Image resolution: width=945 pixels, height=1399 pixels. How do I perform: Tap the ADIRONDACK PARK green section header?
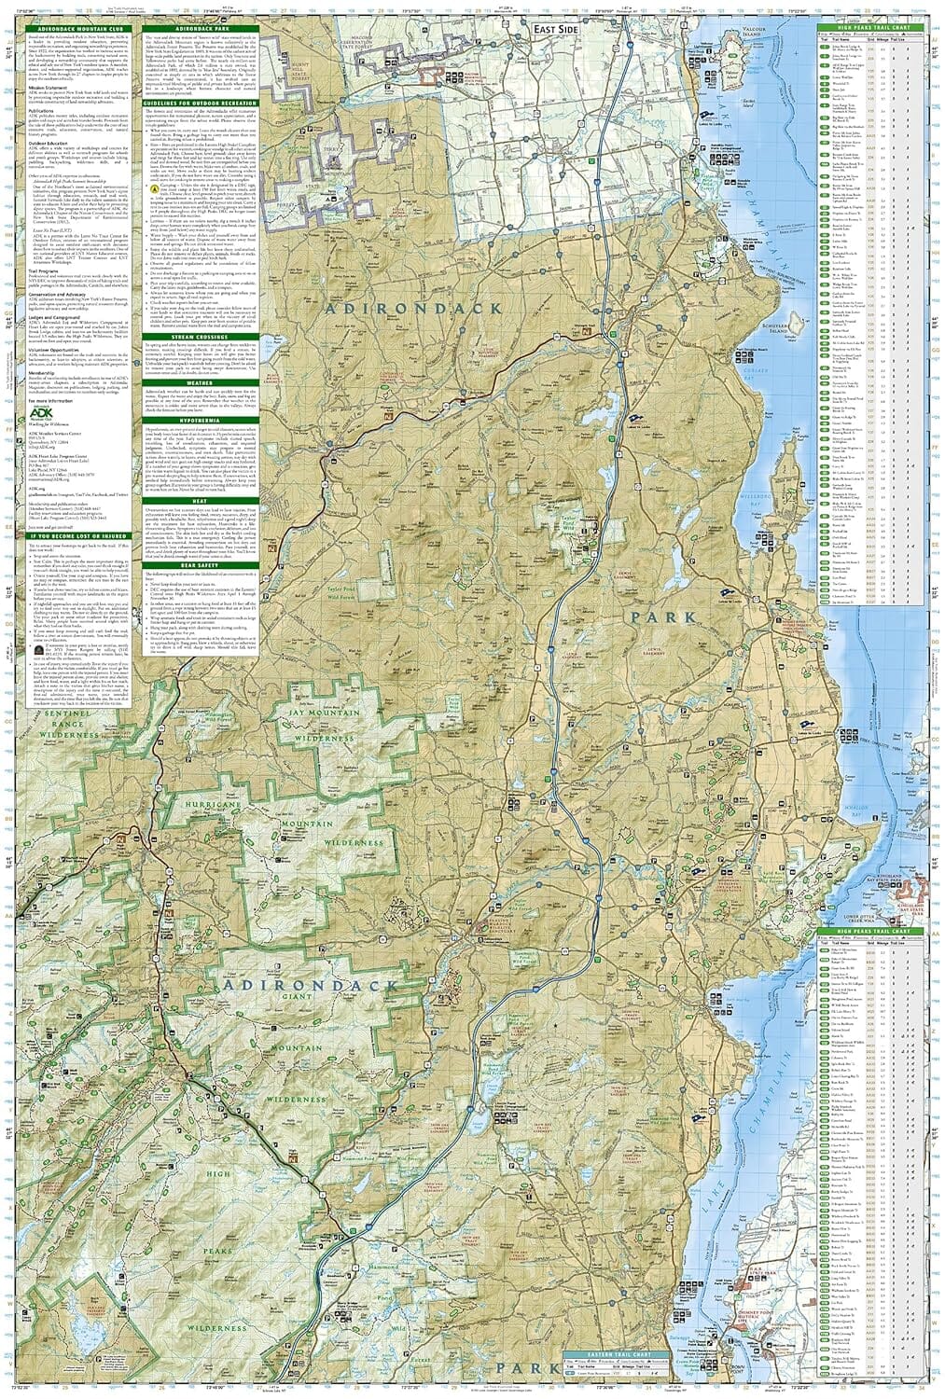pos(199,26)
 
